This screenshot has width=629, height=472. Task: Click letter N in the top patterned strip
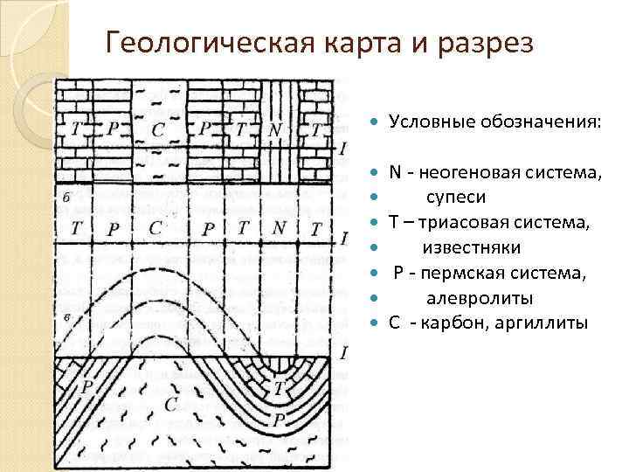[276, 129]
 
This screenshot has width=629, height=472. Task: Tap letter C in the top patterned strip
[158, 129]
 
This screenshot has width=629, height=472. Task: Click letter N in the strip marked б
[280, 229]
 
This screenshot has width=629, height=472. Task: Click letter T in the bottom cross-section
[280, 387]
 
